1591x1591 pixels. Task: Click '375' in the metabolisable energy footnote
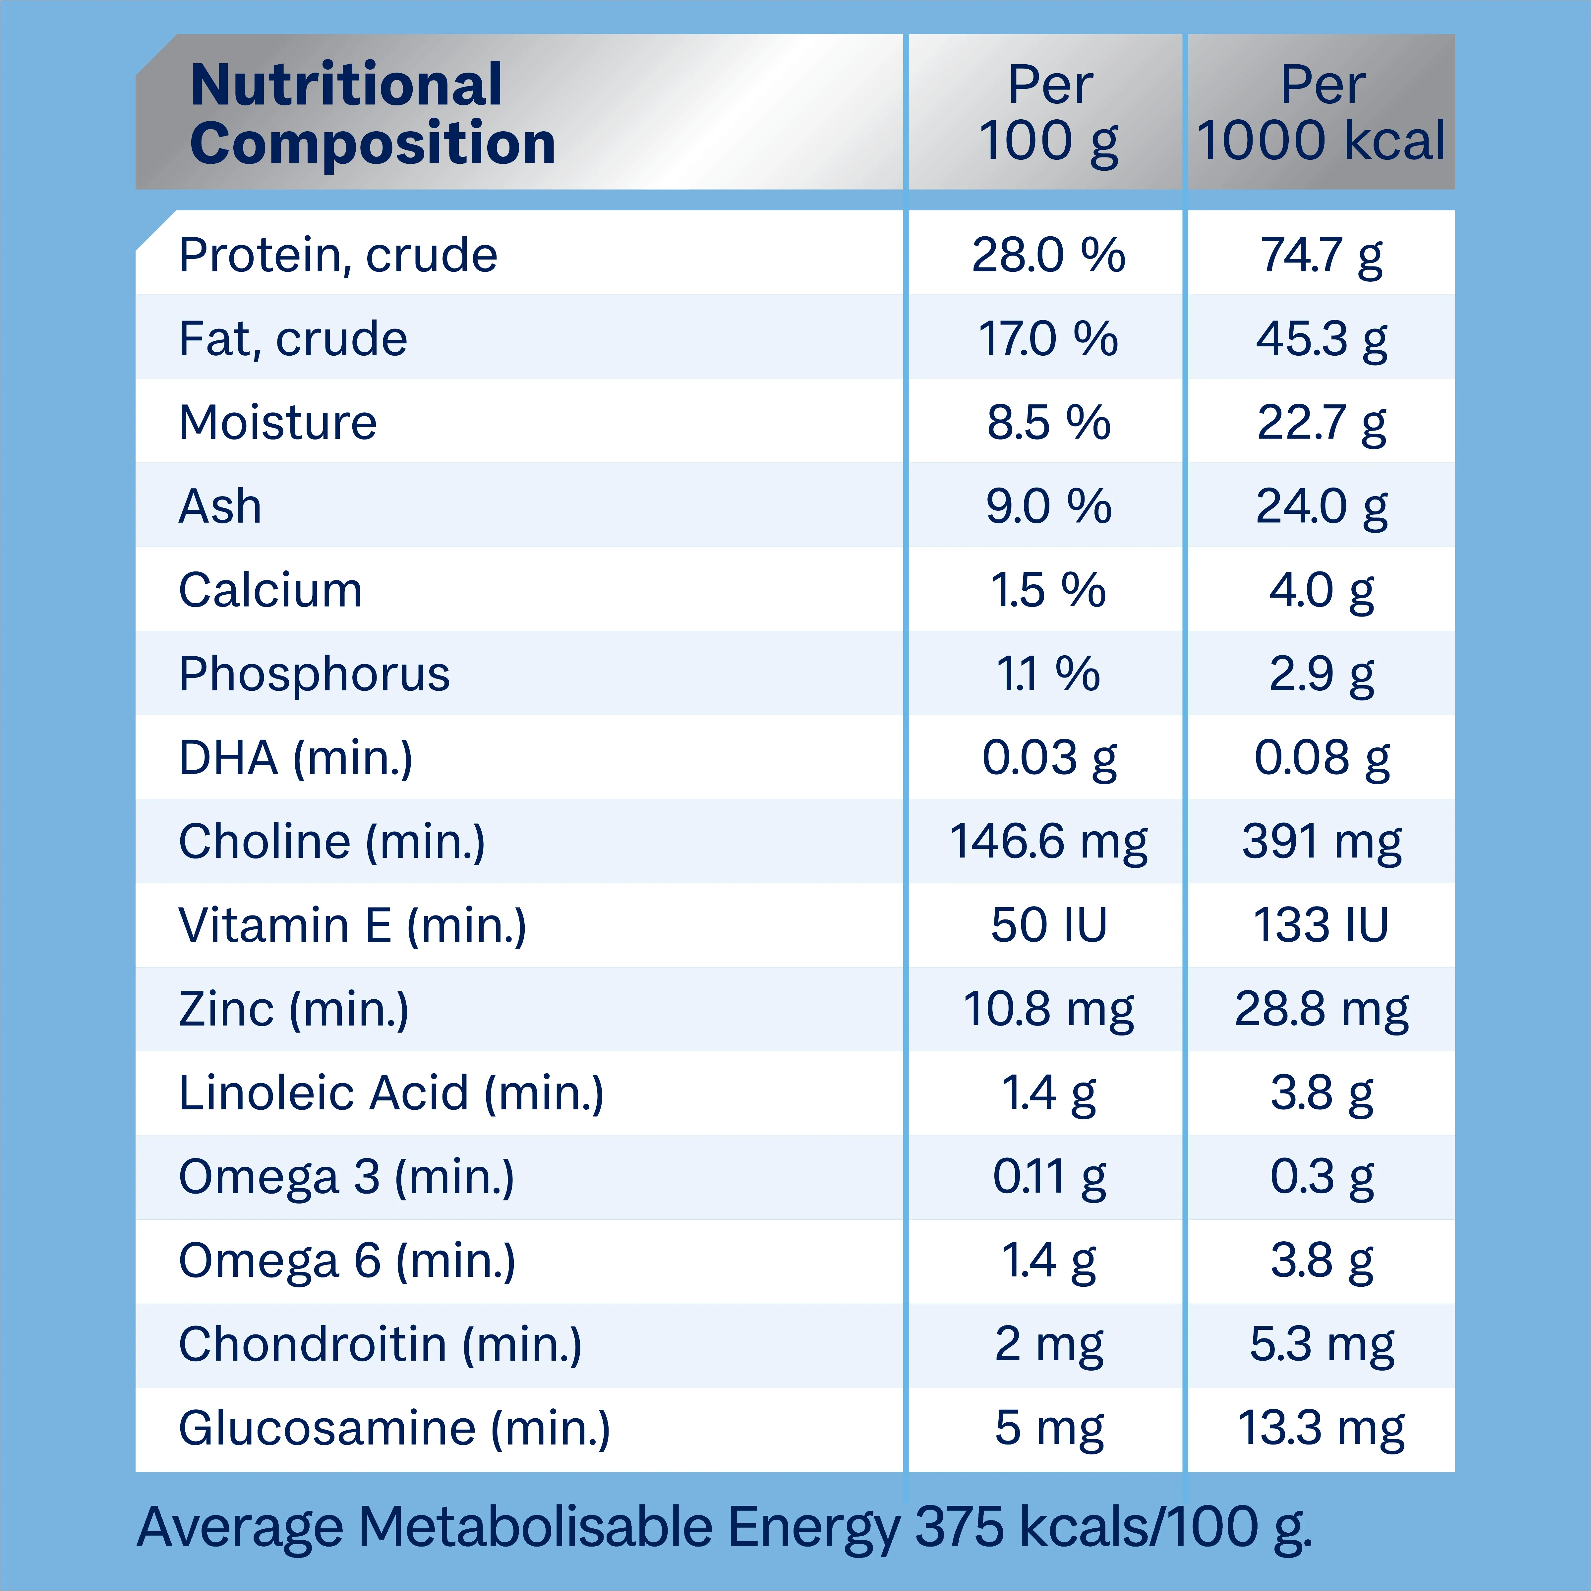pos(959,1528)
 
